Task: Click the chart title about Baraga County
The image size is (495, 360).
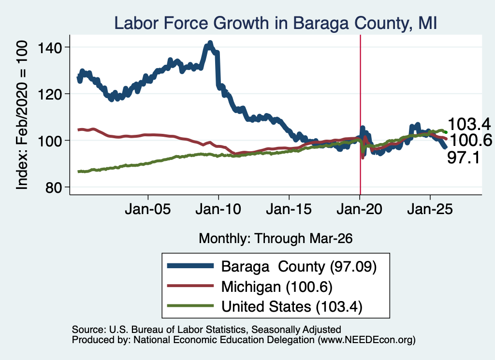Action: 275,23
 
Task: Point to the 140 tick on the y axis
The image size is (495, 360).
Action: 50,48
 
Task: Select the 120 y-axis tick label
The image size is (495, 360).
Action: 50,94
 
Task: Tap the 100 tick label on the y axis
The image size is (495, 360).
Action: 50,141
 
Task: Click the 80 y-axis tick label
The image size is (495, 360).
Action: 53,187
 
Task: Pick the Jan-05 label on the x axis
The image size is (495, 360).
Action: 148,209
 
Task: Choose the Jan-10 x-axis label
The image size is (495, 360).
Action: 218,209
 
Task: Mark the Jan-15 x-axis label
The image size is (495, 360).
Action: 289,209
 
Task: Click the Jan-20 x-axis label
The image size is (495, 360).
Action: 359,209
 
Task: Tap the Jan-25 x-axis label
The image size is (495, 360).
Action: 430,209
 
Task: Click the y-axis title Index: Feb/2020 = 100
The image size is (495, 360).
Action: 22,115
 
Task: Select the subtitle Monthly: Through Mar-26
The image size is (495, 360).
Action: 276,239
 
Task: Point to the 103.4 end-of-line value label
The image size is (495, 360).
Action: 469,124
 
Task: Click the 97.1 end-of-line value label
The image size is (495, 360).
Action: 464,158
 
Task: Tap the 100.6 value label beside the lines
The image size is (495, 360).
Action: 470,141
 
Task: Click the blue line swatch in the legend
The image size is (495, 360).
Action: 190,266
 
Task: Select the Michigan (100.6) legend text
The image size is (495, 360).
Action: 277,287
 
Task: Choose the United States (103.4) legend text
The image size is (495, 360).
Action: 291,307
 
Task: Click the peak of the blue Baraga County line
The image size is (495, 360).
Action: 210,43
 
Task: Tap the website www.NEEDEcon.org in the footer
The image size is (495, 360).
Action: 366,340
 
